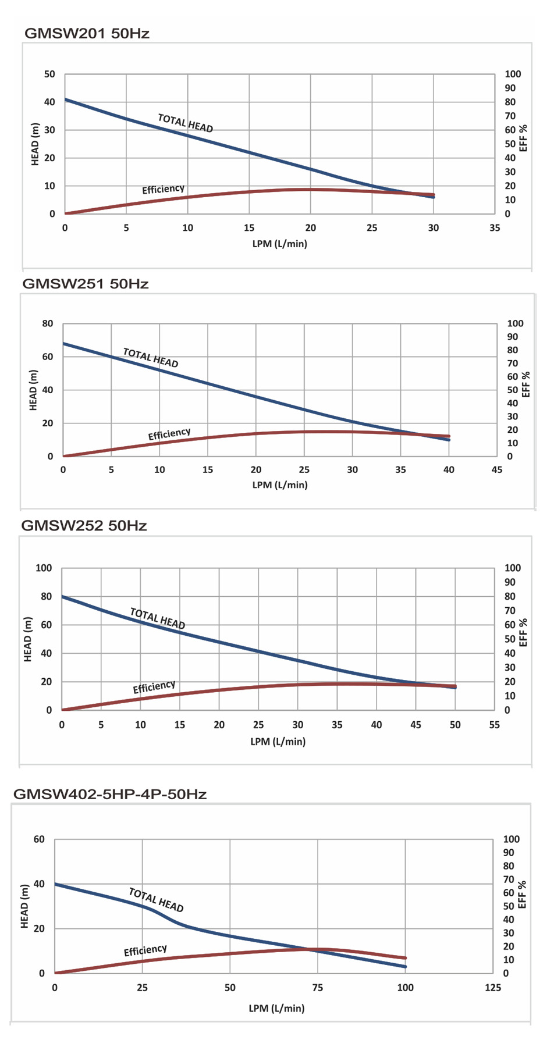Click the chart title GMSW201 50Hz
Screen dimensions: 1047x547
click(87, 34)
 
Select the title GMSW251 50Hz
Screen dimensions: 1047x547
click(85, 284)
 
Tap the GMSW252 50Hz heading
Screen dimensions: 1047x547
click(84, 526)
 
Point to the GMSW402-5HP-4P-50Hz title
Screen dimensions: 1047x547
click(109, 794)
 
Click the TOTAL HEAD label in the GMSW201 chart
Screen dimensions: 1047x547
click(185, 123)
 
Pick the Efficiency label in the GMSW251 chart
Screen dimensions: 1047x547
click(169, 435)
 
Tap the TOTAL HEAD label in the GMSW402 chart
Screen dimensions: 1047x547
click(156, 900)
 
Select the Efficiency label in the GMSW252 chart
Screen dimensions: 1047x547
click(154, 687)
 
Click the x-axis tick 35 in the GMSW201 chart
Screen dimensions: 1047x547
click(495, 228)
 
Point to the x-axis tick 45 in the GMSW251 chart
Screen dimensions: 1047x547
click(496, 470)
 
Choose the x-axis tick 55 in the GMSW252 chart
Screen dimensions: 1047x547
click(495, 725)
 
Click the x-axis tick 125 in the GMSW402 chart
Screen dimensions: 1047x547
click(492, 988)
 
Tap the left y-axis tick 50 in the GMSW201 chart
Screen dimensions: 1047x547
click(49, 74)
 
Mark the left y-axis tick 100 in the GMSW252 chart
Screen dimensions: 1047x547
click(44, 568)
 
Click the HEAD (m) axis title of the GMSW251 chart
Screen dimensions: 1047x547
click(33, 390)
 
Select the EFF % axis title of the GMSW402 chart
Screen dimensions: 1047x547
click(522, 894)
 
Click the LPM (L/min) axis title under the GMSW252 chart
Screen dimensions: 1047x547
click(278, 742)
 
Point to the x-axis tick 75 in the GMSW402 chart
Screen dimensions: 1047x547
click(318, 988)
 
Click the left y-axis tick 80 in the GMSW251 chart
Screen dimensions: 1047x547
click(47, 323)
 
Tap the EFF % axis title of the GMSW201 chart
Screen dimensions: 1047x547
click(523, 137)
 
